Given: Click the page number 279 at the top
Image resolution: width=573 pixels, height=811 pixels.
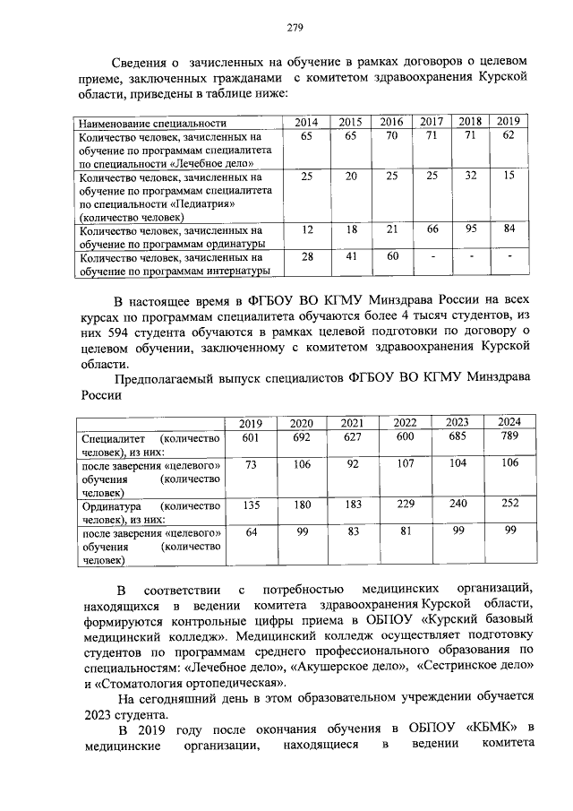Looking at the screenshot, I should click(x=295, y=27).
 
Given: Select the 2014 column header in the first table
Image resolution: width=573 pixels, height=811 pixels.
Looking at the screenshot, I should click(x=307, y=122).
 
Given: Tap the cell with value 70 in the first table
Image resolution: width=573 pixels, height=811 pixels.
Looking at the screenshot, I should click(x=390, y=136).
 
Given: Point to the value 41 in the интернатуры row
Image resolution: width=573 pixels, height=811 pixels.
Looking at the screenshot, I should click(x=350, y=257).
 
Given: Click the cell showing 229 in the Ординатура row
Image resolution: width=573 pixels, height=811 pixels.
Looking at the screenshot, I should click(x=406, y=504).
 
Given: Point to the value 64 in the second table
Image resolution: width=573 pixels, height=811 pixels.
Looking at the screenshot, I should click(x=251, y=532).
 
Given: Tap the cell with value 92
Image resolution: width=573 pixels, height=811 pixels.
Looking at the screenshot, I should click(x=353, y=464).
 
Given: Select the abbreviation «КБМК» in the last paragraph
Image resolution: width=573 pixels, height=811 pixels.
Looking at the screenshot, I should click(x=492, y=726).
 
